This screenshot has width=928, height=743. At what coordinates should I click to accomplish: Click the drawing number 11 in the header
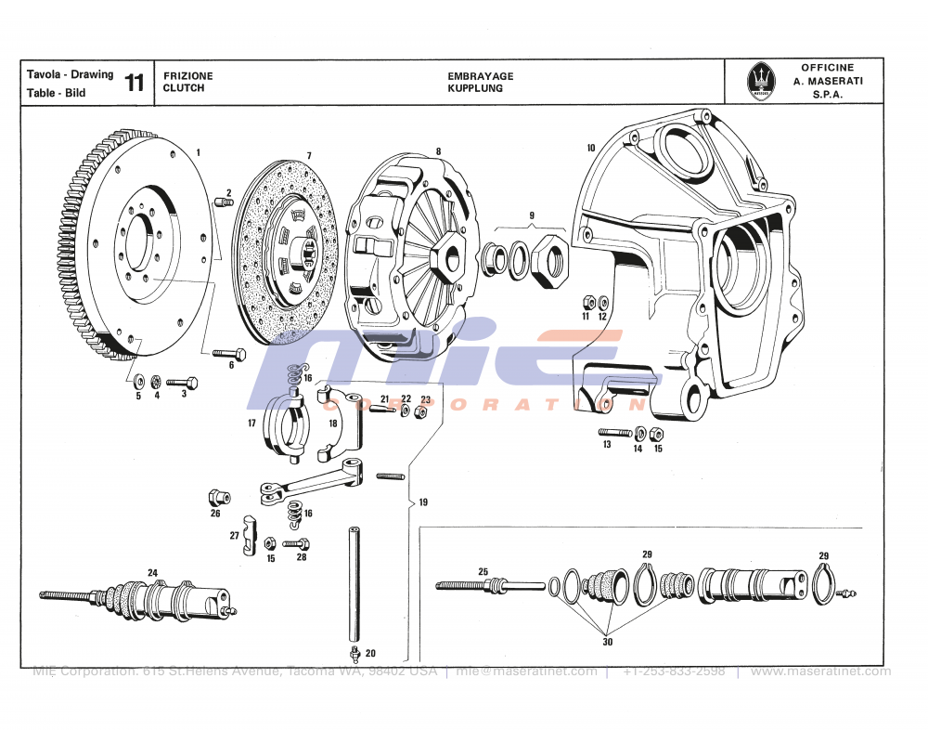click(135, 83)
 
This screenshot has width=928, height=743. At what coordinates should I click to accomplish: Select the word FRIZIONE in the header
click(187, 76)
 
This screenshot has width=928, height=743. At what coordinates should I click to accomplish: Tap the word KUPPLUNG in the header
click(474, 88)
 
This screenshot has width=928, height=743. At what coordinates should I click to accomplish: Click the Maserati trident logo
click(760, 83)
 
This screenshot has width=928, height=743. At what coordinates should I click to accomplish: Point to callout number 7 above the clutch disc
click(309, 155)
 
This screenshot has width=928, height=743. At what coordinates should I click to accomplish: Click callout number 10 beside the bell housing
click(590, 148)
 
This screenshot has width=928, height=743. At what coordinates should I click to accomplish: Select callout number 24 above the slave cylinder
click(152, 572)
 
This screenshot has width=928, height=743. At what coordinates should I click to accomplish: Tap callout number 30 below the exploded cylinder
click(608, 640)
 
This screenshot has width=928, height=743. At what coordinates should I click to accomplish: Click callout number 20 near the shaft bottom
click(370, 653)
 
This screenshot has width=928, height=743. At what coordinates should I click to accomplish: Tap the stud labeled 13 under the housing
click(614, 432)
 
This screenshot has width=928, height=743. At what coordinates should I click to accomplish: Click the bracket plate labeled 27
click(248, 536)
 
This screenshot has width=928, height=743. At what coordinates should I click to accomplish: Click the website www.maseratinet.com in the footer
click(819, 671)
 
